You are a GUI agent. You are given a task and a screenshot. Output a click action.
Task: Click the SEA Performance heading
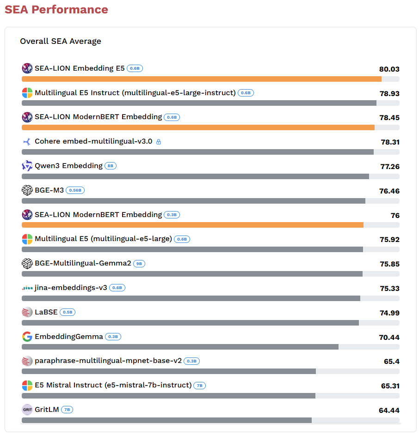pyautogui.click(x=56, y=10)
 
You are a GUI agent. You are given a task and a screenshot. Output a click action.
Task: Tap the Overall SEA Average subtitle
pyautogui.click(x=61, y=41)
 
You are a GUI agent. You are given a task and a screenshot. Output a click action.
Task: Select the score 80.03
pyautogui.click(x=389, y=69)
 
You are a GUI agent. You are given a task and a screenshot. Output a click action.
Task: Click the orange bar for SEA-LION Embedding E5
pyautogui.click(x=202, y=79)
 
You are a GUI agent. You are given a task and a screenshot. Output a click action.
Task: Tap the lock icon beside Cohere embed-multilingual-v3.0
pyautogui.click(x=159, y=142)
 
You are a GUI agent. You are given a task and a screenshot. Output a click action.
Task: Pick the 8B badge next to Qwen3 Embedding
pyautogui.click(x=111, y=166)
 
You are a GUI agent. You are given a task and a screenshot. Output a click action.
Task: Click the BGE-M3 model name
pyautogui.click(x=49, y=190)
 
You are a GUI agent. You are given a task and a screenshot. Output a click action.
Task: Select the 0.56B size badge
pyautogui.click(x=75, y=190)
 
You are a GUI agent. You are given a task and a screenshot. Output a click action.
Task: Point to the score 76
pyautogui.click(x=395, y=216)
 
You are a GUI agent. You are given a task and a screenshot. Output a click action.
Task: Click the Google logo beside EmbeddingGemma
pyautogui.click(x=27, y=337)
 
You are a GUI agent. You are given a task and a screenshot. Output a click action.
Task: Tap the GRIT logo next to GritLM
pyautogui.click(x=27, y=410)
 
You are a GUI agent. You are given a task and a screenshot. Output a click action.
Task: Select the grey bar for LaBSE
pyautogui.click(x=190, y=323)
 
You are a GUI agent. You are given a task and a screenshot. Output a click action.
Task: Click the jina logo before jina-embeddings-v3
pyautogui.click(x=27, y=288)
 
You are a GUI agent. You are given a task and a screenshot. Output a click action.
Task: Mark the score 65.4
pyautogui.click(x=391, y=362)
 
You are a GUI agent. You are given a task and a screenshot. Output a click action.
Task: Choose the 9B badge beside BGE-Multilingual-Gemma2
pyautogui.click(x=139, y=264)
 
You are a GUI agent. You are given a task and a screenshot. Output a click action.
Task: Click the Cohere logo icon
pyautogui.click(x=27, y=141)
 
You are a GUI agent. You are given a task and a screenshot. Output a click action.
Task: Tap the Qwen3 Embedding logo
pyautogui.click(x=27, y=166)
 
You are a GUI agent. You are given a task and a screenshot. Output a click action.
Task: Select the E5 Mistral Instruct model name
pyautogui.click(x=113, y=385)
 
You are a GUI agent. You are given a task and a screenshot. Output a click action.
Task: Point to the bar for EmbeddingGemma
pyautogui.click(x=180, y=347)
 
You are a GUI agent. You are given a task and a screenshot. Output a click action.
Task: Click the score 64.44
pyautogui.click(x=389, y=411)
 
